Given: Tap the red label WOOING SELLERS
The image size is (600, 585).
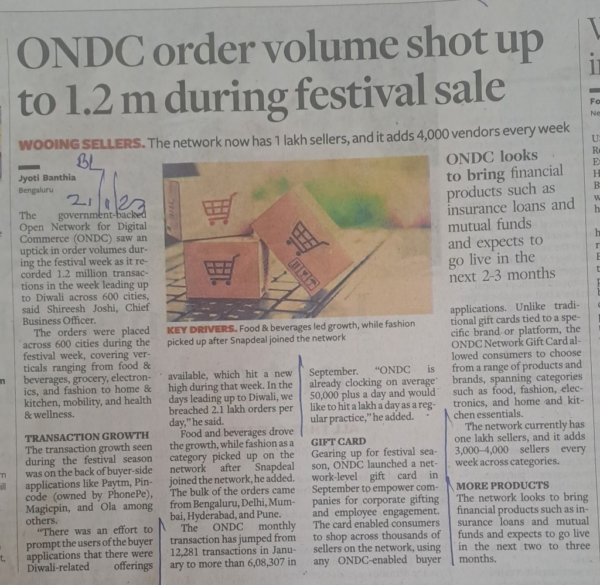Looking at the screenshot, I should click(82, 144).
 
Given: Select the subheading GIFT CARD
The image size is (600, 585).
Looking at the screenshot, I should click(338, 441).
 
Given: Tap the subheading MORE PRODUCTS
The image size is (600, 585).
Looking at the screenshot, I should click(502, 485).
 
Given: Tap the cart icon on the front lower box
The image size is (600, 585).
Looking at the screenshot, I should click(220, 269).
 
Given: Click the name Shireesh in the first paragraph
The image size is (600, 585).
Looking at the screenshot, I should click(77, 308).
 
